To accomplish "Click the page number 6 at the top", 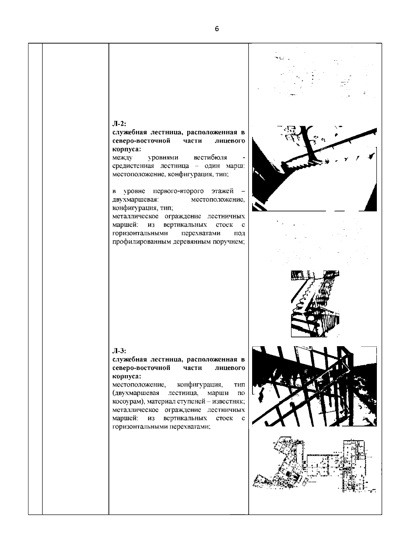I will (216, 29).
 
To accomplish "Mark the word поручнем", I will (231, 242).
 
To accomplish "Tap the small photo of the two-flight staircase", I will (315, 304).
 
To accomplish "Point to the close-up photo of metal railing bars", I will (314, 386).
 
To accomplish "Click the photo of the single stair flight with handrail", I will (314, 168).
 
